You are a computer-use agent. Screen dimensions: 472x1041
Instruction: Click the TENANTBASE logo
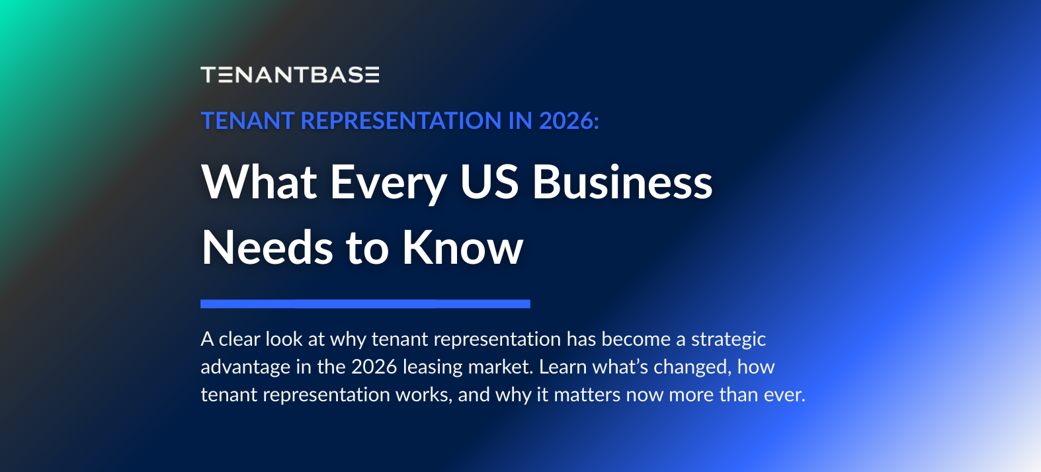[x=290, y=75]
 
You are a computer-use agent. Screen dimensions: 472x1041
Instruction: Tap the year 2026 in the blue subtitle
[x=568, y=121]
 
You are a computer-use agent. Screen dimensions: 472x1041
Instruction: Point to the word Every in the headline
[x=389, y=183]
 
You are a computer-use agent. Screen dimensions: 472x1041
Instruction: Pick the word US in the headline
[x=489, y=182]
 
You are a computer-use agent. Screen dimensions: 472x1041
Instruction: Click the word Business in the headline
[x=622, y=182]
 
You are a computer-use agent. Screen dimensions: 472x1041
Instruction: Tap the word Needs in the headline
[x=267, y=248]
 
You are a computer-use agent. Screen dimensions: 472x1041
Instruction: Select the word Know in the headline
[x=462, y=248]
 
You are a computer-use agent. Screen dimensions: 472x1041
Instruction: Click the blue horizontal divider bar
[x=365, y=304]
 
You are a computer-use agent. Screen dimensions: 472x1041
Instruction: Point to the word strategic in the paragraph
[x=728, y=340]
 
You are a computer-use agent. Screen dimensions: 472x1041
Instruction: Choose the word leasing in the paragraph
[x=433, y=368]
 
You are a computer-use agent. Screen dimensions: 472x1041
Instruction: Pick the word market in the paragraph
[x=499, y=367]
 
